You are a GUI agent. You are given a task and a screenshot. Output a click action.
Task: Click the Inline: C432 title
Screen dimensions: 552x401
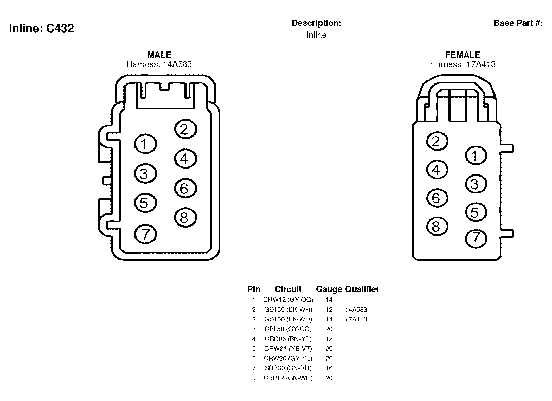click(x=41, y=28)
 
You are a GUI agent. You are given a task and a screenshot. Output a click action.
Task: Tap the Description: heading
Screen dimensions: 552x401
click(x=316, y=23)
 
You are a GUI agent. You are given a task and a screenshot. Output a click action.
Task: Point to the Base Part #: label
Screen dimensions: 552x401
click(x=518, y=23)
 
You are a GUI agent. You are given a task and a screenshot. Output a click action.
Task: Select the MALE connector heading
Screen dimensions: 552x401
click(x=159, y=55)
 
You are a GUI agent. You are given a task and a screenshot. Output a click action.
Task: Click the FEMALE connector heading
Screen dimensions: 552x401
click(x=463, y=55)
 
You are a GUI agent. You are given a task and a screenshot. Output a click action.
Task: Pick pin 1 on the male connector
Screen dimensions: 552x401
click(x=145, y=144)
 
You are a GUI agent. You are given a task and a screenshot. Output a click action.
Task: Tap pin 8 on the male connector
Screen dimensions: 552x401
click(x=185, y=217)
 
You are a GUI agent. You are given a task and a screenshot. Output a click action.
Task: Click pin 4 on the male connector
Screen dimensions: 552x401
click(x=185, y=159)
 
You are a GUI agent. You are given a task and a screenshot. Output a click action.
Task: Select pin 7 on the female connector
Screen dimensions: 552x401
click(x=476, y=238)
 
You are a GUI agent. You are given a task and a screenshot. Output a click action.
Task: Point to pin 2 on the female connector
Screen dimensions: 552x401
click(x=437, y=141)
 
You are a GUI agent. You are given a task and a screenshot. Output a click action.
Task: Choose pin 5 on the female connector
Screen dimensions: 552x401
click(x=476, y=212)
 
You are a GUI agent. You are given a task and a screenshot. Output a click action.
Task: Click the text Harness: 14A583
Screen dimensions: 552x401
click(x=159, y=64)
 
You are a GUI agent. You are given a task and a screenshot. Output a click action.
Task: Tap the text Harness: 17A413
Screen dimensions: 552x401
click(x=463, y=64)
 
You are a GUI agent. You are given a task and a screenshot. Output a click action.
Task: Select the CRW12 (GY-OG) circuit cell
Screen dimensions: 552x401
click(x=288, y=300)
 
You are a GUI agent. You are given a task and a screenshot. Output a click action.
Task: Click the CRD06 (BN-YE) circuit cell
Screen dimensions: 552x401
click(x=288, y=339)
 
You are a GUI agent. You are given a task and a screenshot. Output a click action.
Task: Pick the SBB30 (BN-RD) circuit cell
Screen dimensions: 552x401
click(x=288, y=368)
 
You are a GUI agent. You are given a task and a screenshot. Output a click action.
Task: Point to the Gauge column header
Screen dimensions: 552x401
click(x=329, y=289)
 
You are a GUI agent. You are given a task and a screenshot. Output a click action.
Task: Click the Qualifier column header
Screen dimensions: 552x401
click(x=362, y=289)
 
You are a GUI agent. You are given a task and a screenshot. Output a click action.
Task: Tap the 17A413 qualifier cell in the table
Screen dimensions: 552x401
click(x=356, y=319)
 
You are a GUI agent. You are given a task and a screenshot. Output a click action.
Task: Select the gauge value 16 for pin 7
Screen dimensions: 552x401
click(x=329, y=368)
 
